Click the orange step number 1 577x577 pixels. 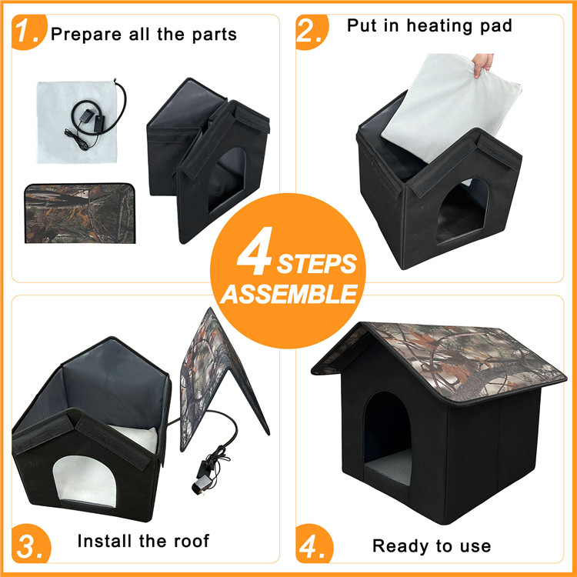(26, 32)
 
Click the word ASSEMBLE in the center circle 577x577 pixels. (292, 294)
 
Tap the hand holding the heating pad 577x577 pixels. (482, 63)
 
